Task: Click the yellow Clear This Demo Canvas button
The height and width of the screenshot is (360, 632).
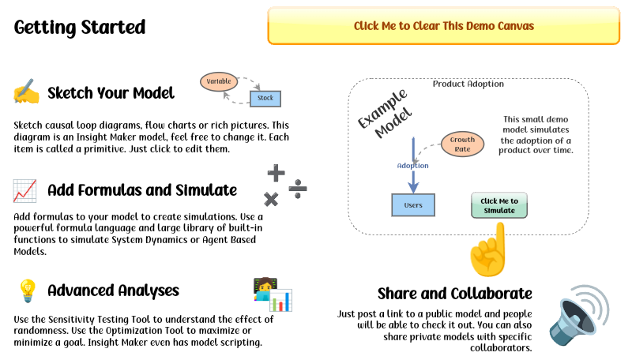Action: pyautogui.click(x=444, y=26)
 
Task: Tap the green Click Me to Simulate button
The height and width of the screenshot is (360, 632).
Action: pyautogui.click(x=498, y=205)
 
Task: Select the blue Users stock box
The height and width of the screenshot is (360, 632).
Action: pyautogui.click(x=413, y=205)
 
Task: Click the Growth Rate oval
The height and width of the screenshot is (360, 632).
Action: pyautogui.click(x=462, y=144)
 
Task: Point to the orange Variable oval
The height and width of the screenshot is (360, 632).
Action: pyautogui.click(x=218, y=81)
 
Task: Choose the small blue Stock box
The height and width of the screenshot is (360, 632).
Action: pyautogui.click(x=265, y=99)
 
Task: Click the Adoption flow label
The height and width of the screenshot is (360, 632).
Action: pyautogui.click(x=412, y=166)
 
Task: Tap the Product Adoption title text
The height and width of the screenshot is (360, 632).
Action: pyautogui.click(x=468, y=84)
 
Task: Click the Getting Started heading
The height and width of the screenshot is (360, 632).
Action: pyautogui.click(x=80, y=28)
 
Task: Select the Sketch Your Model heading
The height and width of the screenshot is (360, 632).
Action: pyautogui.click(x=111, y=93)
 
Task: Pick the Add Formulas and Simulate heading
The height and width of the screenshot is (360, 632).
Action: pyautogui.click(x=142, y=190)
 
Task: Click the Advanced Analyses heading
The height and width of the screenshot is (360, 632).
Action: pyautogui.click(x=113, y=291)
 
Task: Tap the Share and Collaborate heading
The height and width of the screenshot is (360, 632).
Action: pyautogui.click(x=454, y=294)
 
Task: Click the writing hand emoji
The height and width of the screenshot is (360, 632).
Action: pyautogui.click(x=25, y=93)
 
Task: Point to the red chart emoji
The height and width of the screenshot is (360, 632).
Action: pyautogui.click(x=24, y=190)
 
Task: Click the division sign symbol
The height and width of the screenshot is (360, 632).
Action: pyautogui.click(x=298, y=188)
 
